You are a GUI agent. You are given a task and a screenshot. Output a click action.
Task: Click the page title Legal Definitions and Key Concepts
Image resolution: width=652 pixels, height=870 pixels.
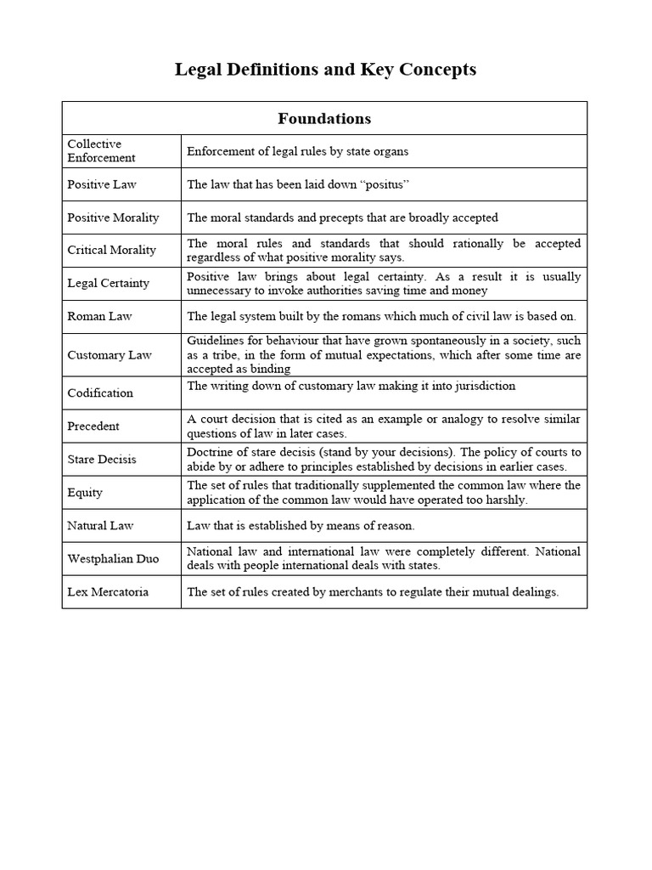coord(325,70)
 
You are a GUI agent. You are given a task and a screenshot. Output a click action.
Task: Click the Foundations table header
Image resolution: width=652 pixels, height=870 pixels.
coord(325,118)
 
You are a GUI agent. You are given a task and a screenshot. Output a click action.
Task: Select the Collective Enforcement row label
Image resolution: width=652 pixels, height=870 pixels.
coord(101,150)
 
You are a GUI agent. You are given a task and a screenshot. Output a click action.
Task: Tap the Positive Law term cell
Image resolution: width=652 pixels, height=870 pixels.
coord(102,184)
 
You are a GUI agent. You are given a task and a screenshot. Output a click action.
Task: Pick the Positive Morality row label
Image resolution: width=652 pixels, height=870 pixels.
coord(113,217)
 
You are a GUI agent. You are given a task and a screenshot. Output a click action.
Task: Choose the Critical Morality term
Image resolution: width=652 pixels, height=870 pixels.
coord(111,250)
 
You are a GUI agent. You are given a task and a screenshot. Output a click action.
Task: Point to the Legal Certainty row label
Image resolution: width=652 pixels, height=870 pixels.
coord(108,283)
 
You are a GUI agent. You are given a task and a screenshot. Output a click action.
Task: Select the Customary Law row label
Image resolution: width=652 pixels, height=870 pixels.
coord(110,355)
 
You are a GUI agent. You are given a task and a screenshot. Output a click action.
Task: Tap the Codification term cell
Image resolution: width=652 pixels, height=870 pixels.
coord(100,393)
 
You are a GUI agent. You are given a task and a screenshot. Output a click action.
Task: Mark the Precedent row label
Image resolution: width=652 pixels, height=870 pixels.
coord(93,427)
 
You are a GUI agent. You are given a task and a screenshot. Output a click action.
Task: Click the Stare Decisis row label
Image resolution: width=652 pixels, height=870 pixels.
coord(102,460)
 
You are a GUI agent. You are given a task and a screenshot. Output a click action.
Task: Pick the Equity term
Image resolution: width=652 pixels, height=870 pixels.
coord(85,493)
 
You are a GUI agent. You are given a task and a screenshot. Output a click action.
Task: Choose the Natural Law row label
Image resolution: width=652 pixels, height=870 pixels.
coord(100,526)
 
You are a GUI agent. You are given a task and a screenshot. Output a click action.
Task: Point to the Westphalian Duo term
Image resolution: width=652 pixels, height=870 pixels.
coord(112,559)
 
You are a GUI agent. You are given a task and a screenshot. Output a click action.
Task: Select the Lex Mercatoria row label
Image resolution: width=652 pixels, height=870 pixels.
coord(108,592)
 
